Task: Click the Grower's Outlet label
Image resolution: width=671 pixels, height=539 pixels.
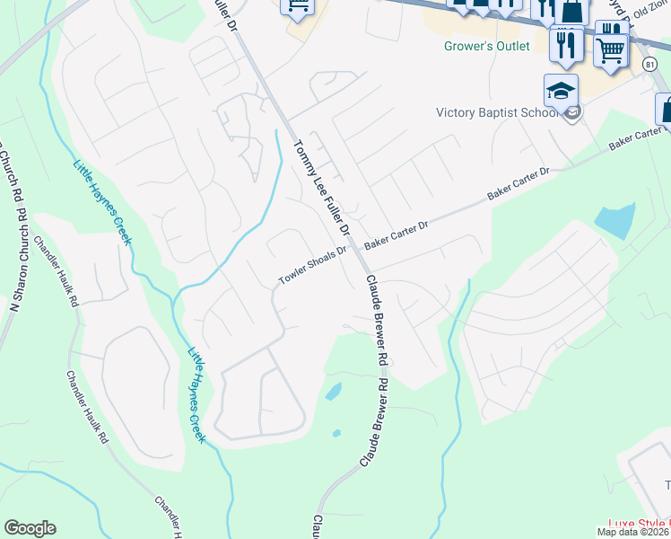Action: (487, 46)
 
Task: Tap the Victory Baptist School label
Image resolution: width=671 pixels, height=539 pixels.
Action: (497, 112)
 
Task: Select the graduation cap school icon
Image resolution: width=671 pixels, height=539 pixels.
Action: (560, 92)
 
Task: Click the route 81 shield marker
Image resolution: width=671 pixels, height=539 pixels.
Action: (649, 64)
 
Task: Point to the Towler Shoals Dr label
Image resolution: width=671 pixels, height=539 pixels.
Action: (311, 267)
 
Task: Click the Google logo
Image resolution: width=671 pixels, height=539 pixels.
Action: (30, 528)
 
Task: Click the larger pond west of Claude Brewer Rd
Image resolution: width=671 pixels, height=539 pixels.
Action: (332, 392)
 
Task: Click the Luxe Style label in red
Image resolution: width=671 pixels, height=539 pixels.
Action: (639, 523)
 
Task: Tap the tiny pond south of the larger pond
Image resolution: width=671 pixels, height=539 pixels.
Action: (336, 433)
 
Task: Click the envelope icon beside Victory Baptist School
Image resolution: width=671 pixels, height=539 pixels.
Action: (572, 111)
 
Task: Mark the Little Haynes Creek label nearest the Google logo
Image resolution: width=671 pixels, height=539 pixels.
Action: (196, 395)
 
